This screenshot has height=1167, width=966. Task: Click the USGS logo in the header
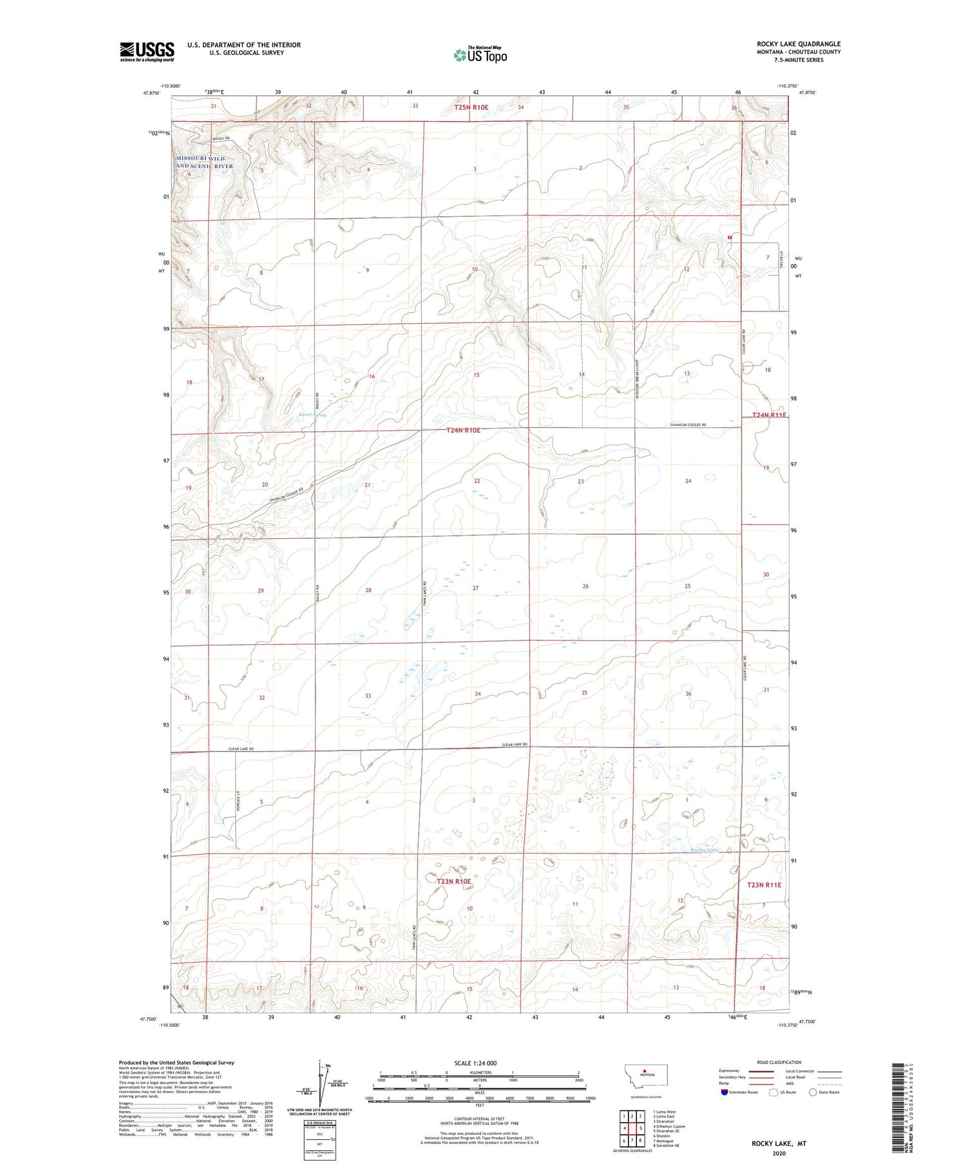tap(147, 52)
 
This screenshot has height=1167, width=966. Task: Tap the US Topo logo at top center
tap(480, 55)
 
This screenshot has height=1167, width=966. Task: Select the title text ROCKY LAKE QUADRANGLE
tap(799, 44)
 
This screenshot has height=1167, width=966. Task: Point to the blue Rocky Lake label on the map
tap(704, 850)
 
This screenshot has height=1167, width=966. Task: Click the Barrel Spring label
tap(312, 415)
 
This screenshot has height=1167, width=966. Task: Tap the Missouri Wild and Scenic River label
tap(205, 162)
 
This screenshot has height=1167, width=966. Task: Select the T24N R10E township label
tap(463, 430)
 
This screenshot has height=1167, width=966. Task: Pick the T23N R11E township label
tap(764, 885)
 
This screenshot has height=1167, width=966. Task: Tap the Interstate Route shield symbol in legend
tap(724, 1092)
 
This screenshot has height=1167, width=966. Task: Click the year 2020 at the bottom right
tap(779, 1153)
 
